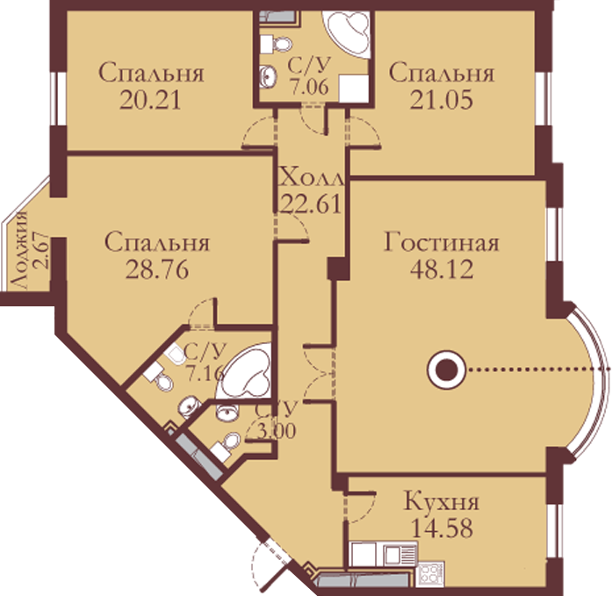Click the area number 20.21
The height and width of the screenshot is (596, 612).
click(x=150, y=100)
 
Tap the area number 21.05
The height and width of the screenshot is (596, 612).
click(x=442, y=99)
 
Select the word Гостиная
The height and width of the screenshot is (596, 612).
click(x=442, y=242)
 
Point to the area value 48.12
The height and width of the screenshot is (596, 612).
click(x=442, y=269)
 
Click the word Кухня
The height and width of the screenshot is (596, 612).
click(x=442, y=501)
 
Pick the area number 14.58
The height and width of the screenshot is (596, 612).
click(x=443, y=528)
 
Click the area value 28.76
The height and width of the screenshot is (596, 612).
click(x=157, y=269)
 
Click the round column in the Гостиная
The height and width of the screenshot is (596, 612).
click(x=446, y=370)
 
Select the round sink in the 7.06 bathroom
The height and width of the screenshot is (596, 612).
click(x=269, y=75)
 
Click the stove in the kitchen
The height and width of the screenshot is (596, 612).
click(x=431, y=573)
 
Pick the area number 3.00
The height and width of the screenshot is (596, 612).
click(x=276, y=431)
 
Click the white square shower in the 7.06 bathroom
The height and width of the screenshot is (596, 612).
click(x=354, y=89)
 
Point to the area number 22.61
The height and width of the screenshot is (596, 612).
click(x=312, y=204)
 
